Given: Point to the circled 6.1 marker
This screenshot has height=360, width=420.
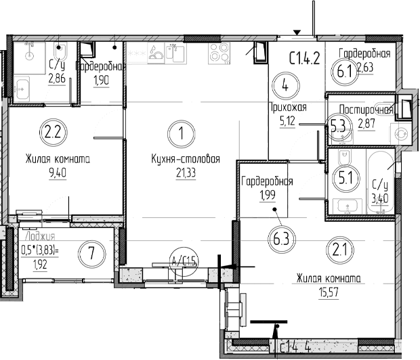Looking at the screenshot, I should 341,68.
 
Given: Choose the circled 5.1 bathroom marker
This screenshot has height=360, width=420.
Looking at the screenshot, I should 345,179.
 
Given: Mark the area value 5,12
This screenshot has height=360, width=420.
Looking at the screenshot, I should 289,122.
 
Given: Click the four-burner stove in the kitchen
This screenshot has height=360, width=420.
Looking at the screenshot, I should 222,53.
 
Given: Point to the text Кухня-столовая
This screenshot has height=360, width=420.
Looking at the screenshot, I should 186,160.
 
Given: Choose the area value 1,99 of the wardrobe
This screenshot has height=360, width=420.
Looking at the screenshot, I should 266,196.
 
